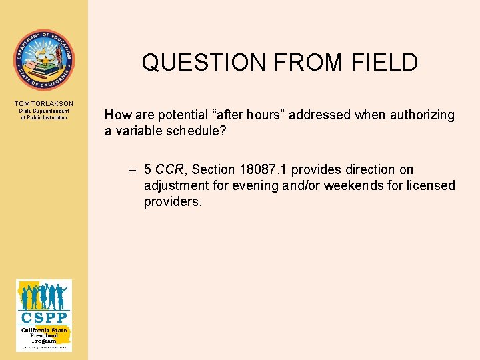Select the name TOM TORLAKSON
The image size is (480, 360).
coord(44,104)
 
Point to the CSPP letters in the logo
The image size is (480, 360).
coord(43,317)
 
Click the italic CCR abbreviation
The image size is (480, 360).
coord(169,170)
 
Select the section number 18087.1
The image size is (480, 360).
coord(261,170)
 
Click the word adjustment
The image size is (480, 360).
coord(175,185)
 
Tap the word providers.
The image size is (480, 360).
coord(173,201)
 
